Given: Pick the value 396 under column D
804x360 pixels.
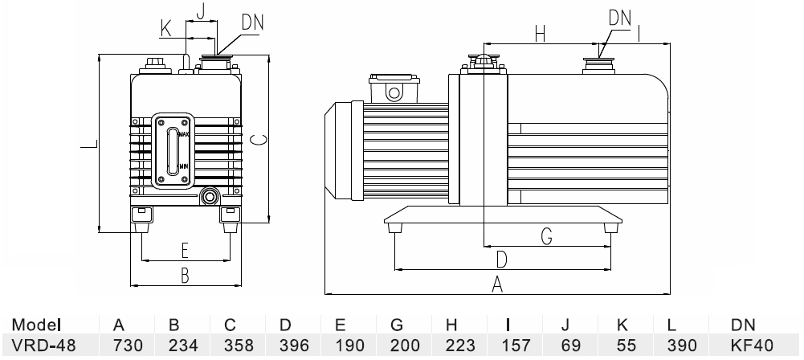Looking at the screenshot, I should (286, 346).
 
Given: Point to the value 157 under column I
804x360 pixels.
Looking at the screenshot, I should (508, 346).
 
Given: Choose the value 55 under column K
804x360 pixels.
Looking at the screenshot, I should (622, 346).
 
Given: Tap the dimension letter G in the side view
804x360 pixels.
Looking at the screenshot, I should (546, 236).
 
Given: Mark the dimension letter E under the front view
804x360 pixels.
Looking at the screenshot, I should (184, 248).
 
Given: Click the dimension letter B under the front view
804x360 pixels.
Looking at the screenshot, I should (184, 276).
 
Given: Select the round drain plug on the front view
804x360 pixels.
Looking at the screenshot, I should (211, 195).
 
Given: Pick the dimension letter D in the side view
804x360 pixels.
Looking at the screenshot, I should (501, 260).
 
